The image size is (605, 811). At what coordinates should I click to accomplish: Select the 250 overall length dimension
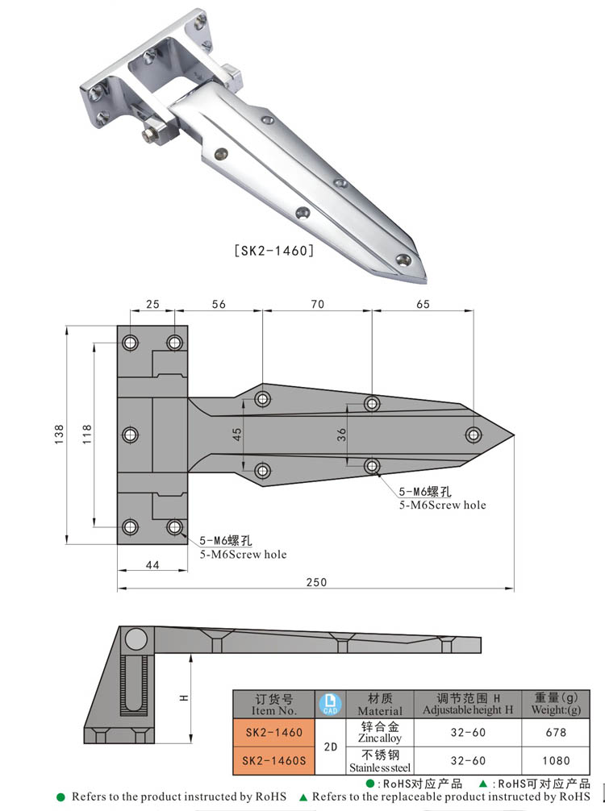tap(316, 582)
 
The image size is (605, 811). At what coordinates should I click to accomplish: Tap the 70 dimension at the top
tap(316, 304)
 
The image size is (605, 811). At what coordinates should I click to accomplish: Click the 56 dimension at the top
tap(219, 304)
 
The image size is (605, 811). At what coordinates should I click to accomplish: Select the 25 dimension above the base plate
tap(152, 304)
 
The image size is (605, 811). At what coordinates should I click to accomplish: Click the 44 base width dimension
tap(152, 566)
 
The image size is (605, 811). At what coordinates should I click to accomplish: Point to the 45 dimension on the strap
tap(237, 434)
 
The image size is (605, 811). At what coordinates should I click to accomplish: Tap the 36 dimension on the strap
tap(342, 434)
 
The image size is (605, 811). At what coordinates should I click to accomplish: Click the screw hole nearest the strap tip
tap(473, 435)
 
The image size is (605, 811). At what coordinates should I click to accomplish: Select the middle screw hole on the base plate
tap(130, 435)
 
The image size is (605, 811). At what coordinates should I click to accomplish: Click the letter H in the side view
tap(184, 698)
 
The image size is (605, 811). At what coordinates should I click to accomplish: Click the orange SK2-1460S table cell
tap(273, 759)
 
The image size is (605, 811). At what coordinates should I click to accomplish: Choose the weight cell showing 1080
tap(556, 759)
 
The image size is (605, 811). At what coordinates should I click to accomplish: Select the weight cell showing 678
tap(556, 732)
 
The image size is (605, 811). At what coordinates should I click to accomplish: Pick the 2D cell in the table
tap(329, 746)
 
